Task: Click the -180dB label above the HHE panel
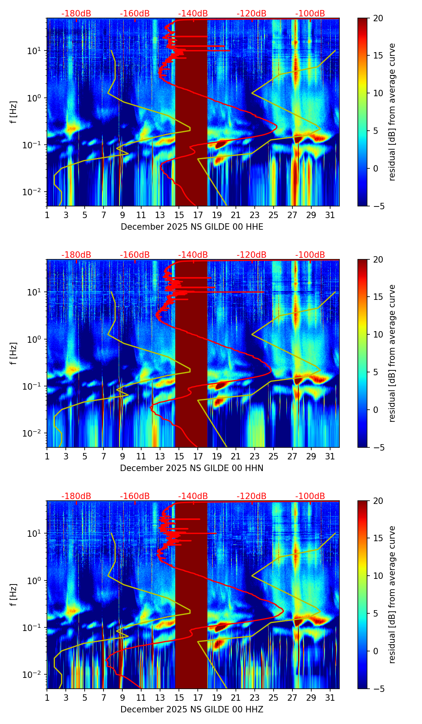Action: (76, 14)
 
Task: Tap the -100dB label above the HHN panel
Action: (310, 255)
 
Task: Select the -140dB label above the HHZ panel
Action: (193, 496)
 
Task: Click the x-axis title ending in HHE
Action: (192, 227)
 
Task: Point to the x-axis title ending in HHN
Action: (192, 468)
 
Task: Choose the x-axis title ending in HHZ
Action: (192, 710)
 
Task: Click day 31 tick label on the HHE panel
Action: (330, 214)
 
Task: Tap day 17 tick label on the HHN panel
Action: (198, 456)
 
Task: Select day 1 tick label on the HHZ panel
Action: (47, 697)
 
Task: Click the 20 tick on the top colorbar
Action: (377, 18)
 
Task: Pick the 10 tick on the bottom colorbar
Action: (377, 576)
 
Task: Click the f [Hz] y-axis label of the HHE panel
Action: (14, 112)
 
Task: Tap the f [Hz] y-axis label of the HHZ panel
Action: (14, 595)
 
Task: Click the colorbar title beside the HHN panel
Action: (392, 353)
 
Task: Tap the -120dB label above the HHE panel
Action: (252, 14)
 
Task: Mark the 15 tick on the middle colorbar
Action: (377, 297)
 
